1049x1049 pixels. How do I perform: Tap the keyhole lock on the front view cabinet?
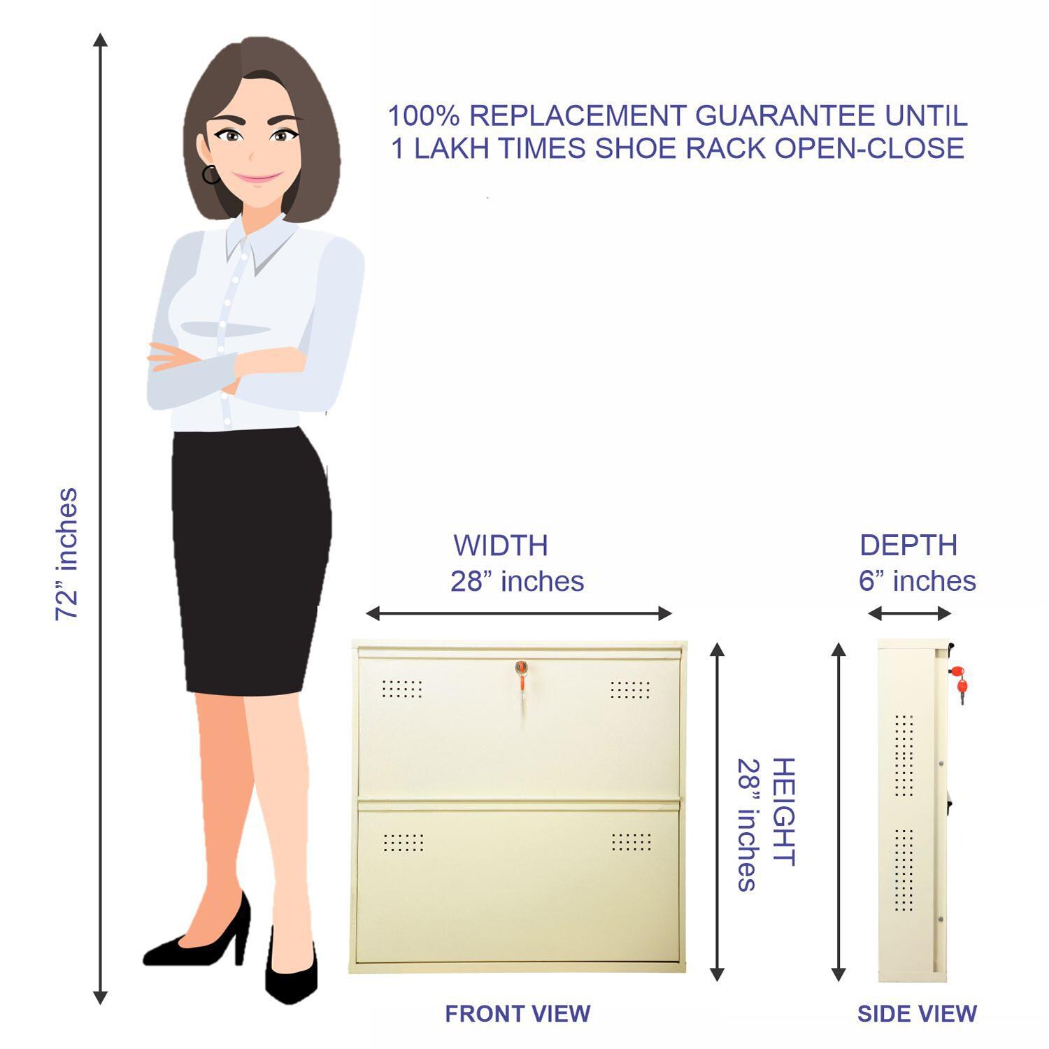coord(520,668)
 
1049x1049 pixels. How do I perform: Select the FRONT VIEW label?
coord(518,1013)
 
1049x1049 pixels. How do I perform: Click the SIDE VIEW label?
coord(917,1013)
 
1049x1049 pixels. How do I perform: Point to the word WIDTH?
coord(501,545)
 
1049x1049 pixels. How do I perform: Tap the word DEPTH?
coord(908,545)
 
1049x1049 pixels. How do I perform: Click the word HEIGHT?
coord(783,811)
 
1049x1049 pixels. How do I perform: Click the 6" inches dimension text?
coord(917,581)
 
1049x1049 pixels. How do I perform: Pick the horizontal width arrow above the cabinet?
coord(518,614)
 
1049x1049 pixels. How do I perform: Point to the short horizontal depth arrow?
coord(909,614)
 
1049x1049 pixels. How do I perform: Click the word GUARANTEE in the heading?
coord(787,115)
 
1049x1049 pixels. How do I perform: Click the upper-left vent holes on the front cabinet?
coord(402,689)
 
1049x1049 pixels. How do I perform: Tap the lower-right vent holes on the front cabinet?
coord(631,841)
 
